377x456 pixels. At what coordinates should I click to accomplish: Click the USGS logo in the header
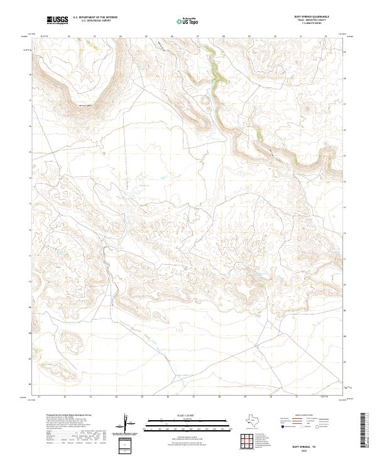pos(57,21)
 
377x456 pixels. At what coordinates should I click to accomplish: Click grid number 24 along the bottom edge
pos(116,397)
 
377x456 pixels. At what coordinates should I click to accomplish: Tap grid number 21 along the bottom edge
pos(40,397)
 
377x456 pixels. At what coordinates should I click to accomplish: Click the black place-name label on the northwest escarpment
pos(84,104)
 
